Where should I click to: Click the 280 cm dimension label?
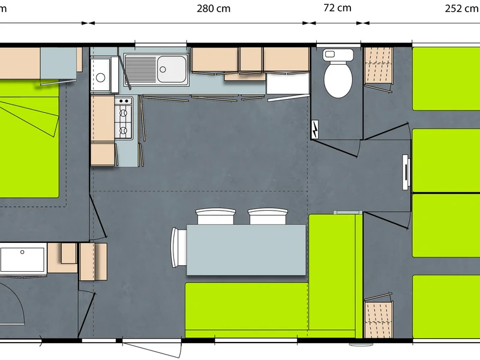click(214, 8)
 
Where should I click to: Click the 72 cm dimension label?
click(337, 8)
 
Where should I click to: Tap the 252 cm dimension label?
click(462, 8)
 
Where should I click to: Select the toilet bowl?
click(338, 79)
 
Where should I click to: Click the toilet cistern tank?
click(338, 55)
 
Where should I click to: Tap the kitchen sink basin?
click(172, 69)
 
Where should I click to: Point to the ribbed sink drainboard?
click(140, 69)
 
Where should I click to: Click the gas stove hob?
click(124, 118)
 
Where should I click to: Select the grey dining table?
click(246, 250)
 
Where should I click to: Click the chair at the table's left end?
click(179, 247)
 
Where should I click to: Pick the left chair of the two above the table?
click(215, 216)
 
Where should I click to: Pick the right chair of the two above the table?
click(268, 216)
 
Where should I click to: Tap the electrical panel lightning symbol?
click(314, 129)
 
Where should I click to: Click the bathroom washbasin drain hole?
click(22, 252)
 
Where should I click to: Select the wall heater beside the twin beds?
click(406, 172)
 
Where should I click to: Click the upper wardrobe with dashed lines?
click(379, 65)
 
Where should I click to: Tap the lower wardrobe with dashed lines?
click(379, 319)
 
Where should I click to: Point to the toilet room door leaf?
click(334, 148)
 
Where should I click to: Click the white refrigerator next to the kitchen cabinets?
click(287, 83)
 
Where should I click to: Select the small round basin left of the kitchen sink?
click(101, 77)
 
